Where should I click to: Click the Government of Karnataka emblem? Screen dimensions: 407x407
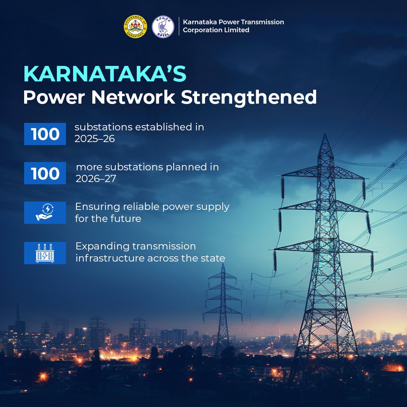135,26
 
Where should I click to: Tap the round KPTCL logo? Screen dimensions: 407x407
163,26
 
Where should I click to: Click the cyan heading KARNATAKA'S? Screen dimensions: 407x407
105,74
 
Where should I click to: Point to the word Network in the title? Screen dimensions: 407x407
133,97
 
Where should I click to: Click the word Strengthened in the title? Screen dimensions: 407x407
249,98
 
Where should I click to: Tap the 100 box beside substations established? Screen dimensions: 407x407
45,134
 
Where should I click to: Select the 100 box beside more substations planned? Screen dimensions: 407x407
45,173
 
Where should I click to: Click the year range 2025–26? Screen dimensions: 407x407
95,139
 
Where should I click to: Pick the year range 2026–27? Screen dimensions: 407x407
96,179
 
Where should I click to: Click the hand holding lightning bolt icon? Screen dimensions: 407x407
45,213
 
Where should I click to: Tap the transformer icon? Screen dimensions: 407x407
45,253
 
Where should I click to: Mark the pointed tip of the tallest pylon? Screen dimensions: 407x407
325,134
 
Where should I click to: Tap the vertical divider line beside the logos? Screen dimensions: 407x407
179,26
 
